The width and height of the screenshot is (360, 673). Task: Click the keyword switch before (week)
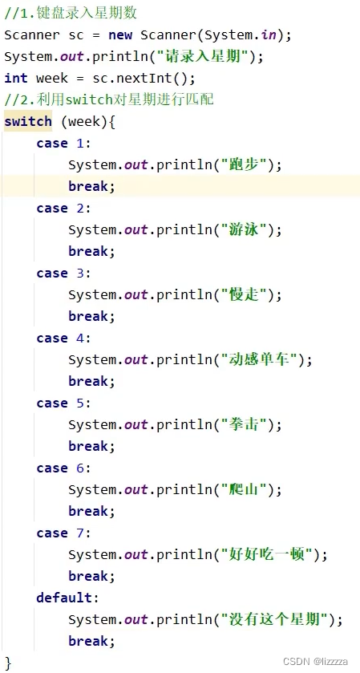(x=28, y=121)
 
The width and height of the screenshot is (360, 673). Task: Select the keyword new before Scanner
(x=120, y=34)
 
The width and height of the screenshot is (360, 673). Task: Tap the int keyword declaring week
(x=16, y=78)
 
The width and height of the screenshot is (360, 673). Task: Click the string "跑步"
(x=244, y=164)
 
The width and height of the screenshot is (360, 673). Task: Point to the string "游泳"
(x=244, y=229)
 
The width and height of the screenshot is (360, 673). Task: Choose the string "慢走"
(x=244, y=294)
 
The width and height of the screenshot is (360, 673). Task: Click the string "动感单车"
(x=259, y=359)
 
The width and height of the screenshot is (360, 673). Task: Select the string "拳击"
(x=244, y=424)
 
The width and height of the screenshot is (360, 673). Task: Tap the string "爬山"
(x=244, y=489)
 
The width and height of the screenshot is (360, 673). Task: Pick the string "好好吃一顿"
(x=266, y=554)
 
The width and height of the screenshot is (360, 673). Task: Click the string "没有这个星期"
(x=274, y=619)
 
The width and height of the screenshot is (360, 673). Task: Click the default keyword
(x=64, y=598)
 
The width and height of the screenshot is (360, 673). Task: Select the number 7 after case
(x=80, y=533)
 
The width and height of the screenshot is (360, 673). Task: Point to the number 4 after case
(x=80, y=338)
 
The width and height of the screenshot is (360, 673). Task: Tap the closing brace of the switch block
(x=9, y=663)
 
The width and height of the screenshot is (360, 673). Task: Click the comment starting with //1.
(x=71, y=13)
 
